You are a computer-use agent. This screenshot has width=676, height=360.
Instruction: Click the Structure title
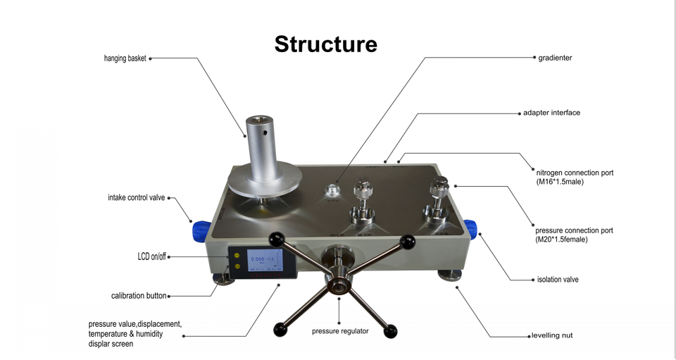coord(325,44)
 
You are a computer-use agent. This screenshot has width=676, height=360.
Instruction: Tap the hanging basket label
coord(125,58)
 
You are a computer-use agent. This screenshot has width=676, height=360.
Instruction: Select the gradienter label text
coord(555,58)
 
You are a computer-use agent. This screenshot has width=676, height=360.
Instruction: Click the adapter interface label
coord(551,113)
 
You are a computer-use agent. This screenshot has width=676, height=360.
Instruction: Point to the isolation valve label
coord(558,280)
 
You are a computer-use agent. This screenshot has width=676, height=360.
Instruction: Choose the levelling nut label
coord(552,335)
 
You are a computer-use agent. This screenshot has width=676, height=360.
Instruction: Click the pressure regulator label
coord(340,331)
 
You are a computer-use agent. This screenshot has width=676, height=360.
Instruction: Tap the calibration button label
coord(139,296)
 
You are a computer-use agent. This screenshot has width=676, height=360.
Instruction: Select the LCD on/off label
coord(151,257)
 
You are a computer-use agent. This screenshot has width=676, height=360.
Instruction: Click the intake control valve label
coord(136,198)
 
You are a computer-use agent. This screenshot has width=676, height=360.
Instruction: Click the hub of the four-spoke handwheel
coord(339,285)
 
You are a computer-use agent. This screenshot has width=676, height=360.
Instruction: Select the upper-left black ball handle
coord(276,238)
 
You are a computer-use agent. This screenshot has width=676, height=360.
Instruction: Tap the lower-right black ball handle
coord(390,331)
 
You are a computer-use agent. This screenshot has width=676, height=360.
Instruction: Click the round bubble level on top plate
coord(332,190)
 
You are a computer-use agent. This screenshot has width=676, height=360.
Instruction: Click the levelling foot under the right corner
coord(450,275)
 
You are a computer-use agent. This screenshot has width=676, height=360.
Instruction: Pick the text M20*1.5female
coord(561,240)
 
